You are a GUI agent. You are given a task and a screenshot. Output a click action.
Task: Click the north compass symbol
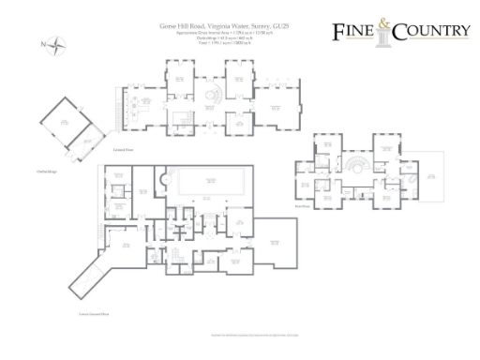tap(55, 43)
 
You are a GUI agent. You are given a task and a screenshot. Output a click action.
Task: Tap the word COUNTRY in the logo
tap(433, 33)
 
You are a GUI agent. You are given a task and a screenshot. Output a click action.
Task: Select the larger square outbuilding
tap(59, 119)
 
